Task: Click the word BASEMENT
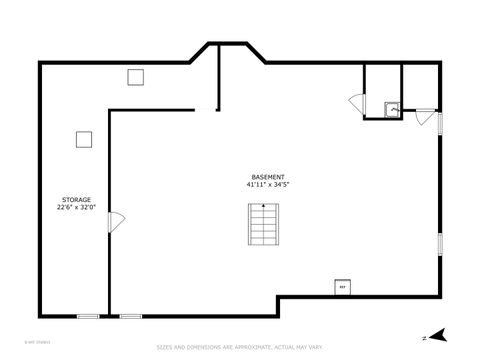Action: coord(267,177)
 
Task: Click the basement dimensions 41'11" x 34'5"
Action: coord(267,184)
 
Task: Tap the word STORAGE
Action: coord(76,199)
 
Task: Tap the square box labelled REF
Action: coord(342,287)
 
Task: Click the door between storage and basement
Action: coord(116,223)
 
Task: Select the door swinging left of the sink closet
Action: coord(356,102)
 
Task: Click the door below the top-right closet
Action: coord(425,114)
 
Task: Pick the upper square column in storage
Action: coord(136,77)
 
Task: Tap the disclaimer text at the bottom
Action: coord(240,348)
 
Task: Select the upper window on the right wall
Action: coord(440,122)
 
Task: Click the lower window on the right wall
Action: coord(440,243)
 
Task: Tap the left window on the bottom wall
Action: coord(88,316)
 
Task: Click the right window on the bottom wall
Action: coord(130,316)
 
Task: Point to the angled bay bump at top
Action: coord(228,50)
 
